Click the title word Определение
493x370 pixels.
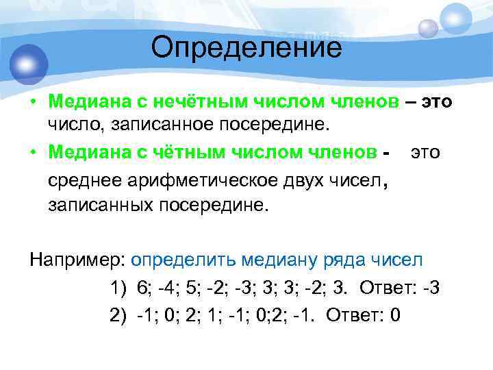[x=246, y=47]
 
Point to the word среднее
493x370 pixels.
[x=81, y=180]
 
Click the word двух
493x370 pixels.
[x=300, y=180]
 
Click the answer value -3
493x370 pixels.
[x=431, y=288]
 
